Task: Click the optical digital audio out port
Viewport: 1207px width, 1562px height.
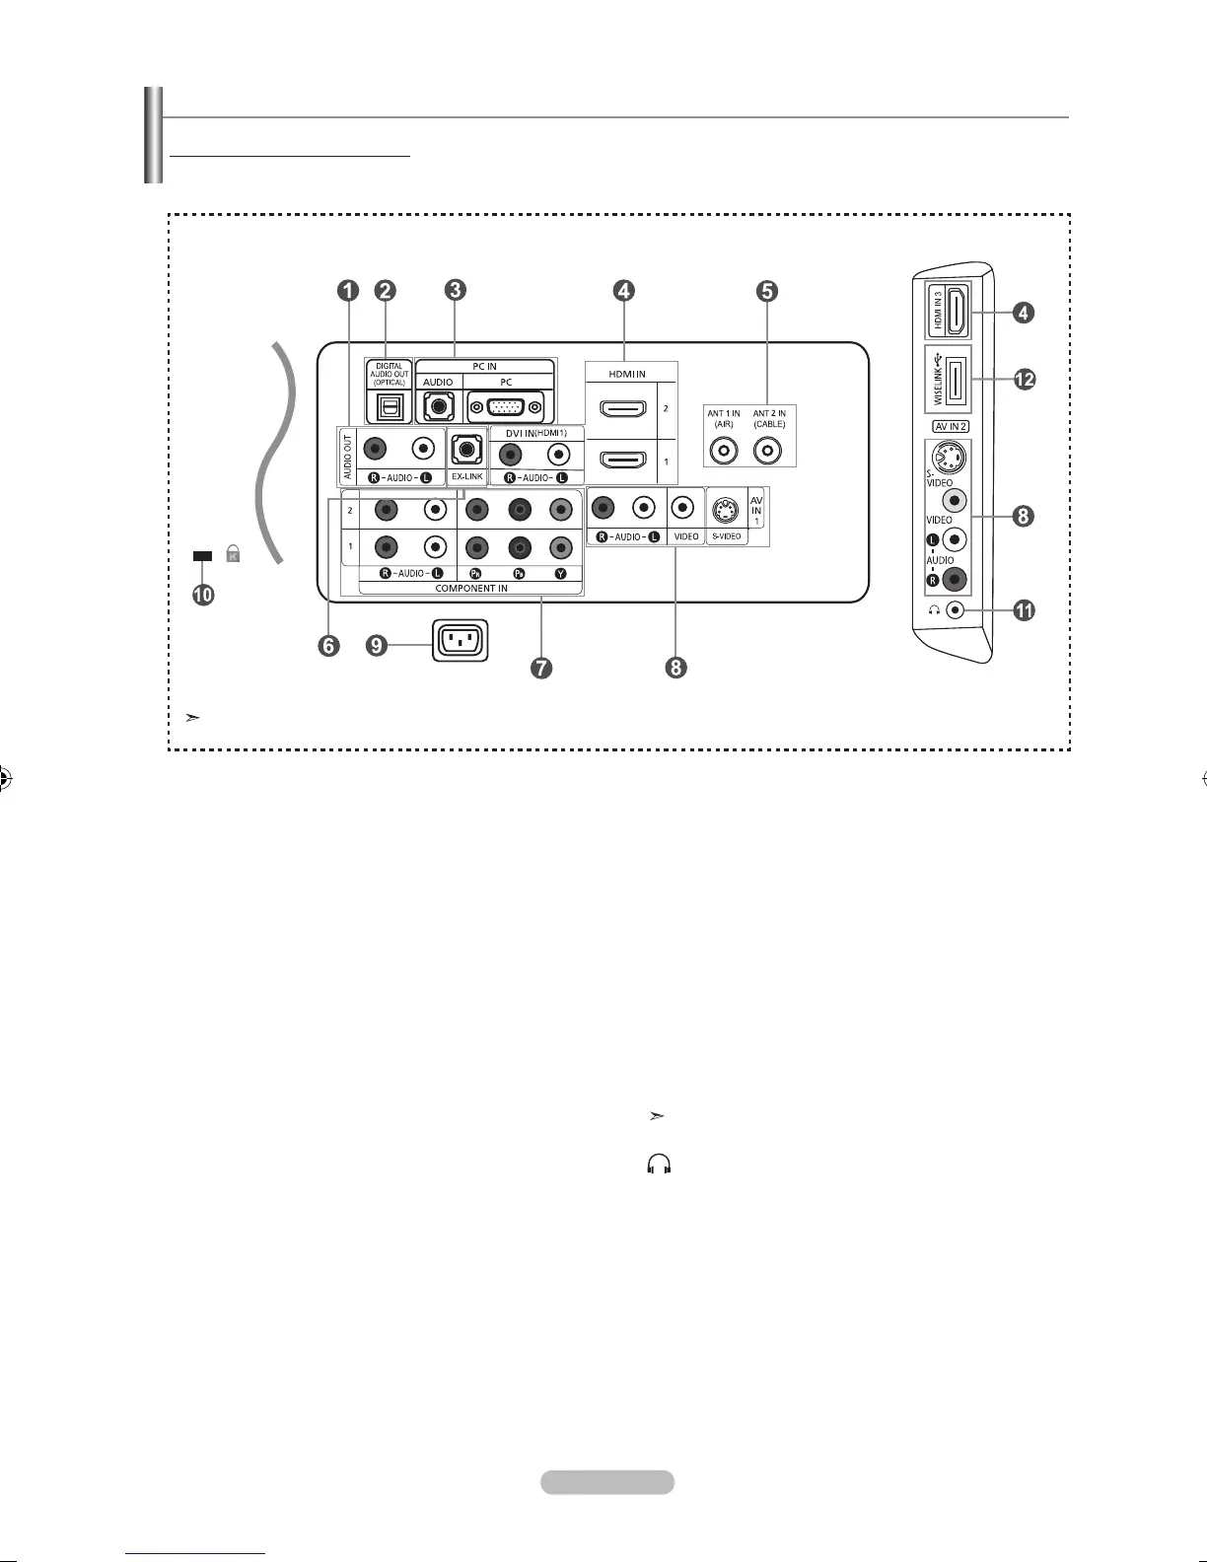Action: tap(390, 405)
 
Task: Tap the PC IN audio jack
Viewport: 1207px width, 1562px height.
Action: tap(438, 405)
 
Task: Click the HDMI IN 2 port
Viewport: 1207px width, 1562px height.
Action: tap(621, 407)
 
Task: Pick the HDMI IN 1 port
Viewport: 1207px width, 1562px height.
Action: tap(621, 461)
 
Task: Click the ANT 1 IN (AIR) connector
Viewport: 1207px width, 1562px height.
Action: tap(724, 451)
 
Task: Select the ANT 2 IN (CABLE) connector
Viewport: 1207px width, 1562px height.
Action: tap(769, 451)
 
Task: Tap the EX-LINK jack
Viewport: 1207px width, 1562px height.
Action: tap(466, 450)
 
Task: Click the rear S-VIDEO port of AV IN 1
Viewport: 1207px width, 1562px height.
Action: tap(727, 509)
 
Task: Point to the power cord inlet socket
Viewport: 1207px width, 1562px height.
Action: tap(460, 642)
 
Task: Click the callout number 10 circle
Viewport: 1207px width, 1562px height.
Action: tap(203, 596)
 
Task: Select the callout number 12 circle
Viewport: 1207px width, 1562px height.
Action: tap(1025, 379)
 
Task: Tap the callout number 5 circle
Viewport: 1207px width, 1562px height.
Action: tap(767, 290)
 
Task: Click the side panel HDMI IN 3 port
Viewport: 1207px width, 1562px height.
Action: tap(955, 312)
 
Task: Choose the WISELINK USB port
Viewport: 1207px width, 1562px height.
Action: tap(955, 379)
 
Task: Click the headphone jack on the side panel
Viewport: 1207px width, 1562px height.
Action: tap(955, 609)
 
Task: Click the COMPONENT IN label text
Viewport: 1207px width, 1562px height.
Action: tap(471, 589)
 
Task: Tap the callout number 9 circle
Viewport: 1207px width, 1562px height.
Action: tap(375, 646)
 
